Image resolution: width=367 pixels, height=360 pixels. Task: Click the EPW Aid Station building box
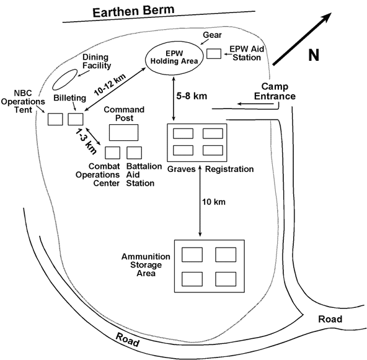[x=214, y=53]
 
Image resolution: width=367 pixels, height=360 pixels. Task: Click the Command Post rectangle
[x=123, y=132]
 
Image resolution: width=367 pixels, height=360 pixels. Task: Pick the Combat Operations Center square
[x=113, y=153]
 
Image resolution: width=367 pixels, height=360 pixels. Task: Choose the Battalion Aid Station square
[x=135, y=153]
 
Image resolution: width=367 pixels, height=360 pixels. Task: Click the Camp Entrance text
[x=278, y=91]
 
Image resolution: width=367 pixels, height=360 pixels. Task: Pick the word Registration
[x=229, y=169]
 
